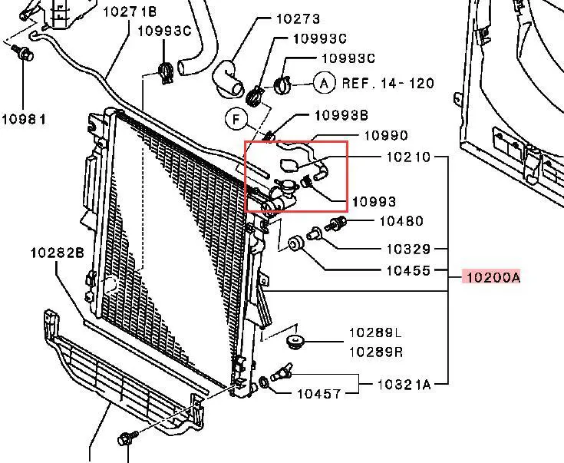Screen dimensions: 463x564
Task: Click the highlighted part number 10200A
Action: [x=490, y=277]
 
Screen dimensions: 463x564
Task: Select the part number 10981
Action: [x=23, y=119]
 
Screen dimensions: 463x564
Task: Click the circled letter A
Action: [x=324, y=83]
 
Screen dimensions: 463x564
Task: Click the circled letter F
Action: [x=236, y=119]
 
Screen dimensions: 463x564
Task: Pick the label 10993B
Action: [x=341, y=115]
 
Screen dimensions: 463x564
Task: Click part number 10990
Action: [x=386, y=136]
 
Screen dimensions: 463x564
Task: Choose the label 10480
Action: [x=401, y=222]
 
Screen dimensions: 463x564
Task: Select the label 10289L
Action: [x=375, y=332]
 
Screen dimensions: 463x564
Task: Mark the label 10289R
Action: [x=375, y=352]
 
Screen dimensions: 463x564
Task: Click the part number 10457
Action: [x=319, y=394]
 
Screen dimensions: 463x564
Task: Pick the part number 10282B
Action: [x=57, y=253]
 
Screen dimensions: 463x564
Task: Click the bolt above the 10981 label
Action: [x=24, y=55]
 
